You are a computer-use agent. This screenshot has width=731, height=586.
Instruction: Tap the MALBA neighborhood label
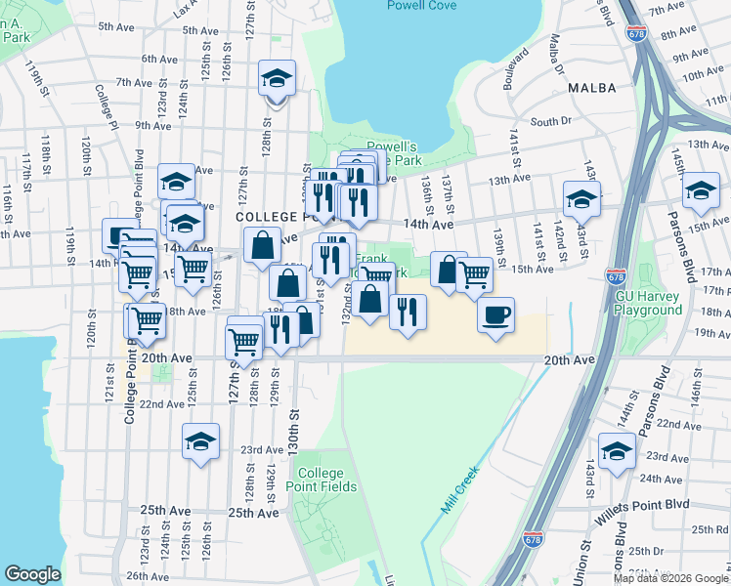click(591, 88)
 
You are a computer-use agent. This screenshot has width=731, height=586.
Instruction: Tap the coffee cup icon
click(496, 314)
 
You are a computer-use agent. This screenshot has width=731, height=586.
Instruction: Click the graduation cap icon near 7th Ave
click(277, 77)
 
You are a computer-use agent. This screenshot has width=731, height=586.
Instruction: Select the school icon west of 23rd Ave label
click(200, 441)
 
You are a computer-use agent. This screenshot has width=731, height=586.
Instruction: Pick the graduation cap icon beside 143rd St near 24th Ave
click(616, 450)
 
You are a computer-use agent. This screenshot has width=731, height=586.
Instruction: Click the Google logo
click(33, 575)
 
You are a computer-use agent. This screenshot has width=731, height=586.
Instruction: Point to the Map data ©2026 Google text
click(669, 578)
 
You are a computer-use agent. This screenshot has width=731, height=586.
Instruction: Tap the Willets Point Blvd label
click(645, 504)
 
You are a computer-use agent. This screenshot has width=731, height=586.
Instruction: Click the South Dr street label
click(550, 121)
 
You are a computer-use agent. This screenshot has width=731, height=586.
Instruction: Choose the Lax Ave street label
click(181, 9)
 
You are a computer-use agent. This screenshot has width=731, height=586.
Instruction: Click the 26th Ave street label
click(146, 576)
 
